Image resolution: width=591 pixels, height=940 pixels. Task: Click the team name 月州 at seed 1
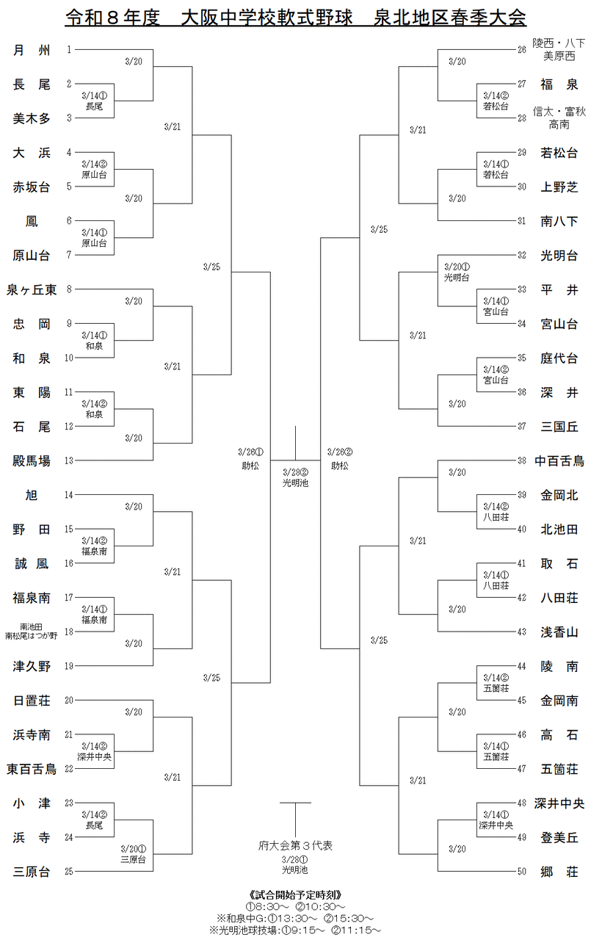[32, 51]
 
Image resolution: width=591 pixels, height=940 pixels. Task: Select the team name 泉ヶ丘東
[32, 289]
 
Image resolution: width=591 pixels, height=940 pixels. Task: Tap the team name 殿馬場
[32, 460]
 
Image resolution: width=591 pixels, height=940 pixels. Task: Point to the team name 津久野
[32, 666]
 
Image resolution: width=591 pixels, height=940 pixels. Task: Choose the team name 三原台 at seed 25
[32, 872]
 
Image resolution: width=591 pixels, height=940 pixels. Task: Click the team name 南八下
[559, 221]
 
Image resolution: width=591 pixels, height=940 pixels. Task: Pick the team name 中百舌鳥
[559, 460]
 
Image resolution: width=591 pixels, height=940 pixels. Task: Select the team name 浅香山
[559, 632]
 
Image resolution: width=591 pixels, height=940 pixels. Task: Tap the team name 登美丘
[559, 837]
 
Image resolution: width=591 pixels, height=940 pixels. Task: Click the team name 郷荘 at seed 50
[559, 872]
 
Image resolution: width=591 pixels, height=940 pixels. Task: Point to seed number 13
[69, 460]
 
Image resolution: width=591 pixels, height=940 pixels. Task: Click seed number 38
[521, 460]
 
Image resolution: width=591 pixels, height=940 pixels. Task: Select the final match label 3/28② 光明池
[295, 478]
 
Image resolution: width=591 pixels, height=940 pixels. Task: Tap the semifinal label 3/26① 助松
[250, 459]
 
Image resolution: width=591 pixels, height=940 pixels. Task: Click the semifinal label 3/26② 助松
[340, 459]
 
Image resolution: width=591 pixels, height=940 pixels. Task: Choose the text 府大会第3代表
[295, 845]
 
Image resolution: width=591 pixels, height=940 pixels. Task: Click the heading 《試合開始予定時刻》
[295, 894]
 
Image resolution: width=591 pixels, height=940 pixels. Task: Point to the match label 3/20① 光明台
[457, 272]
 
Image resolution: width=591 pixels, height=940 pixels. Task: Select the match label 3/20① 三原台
[134, 854]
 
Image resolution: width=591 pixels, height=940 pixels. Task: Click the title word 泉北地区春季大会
[449, 18]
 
